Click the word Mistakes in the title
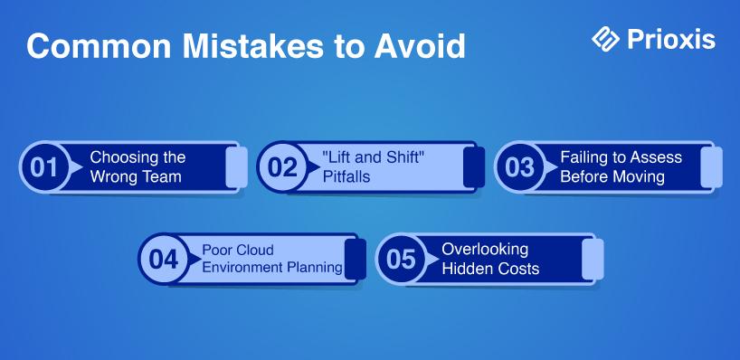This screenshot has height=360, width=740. (255, 46)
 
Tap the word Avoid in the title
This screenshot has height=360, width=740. (420, 46)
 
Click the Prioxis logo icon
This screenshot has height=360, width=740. (605, 39)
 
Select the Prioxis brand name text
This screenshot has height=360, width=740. (671, 39)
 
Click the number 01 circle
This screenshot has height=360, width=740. (43, 167)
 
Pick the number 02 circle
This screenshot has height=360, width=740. (281, 167)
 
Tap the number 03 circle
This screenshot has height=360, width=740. (518, 167)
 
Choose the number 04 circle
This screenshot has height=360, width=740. (163, 259)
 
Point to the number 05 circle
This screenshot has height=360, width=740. (401, 259)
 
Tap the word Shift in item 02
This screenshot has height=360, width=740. (400, 157)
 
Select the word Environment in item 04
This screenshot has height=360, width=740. (237, 268)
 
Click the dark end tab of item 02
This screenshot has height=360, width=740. (474, 167)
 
